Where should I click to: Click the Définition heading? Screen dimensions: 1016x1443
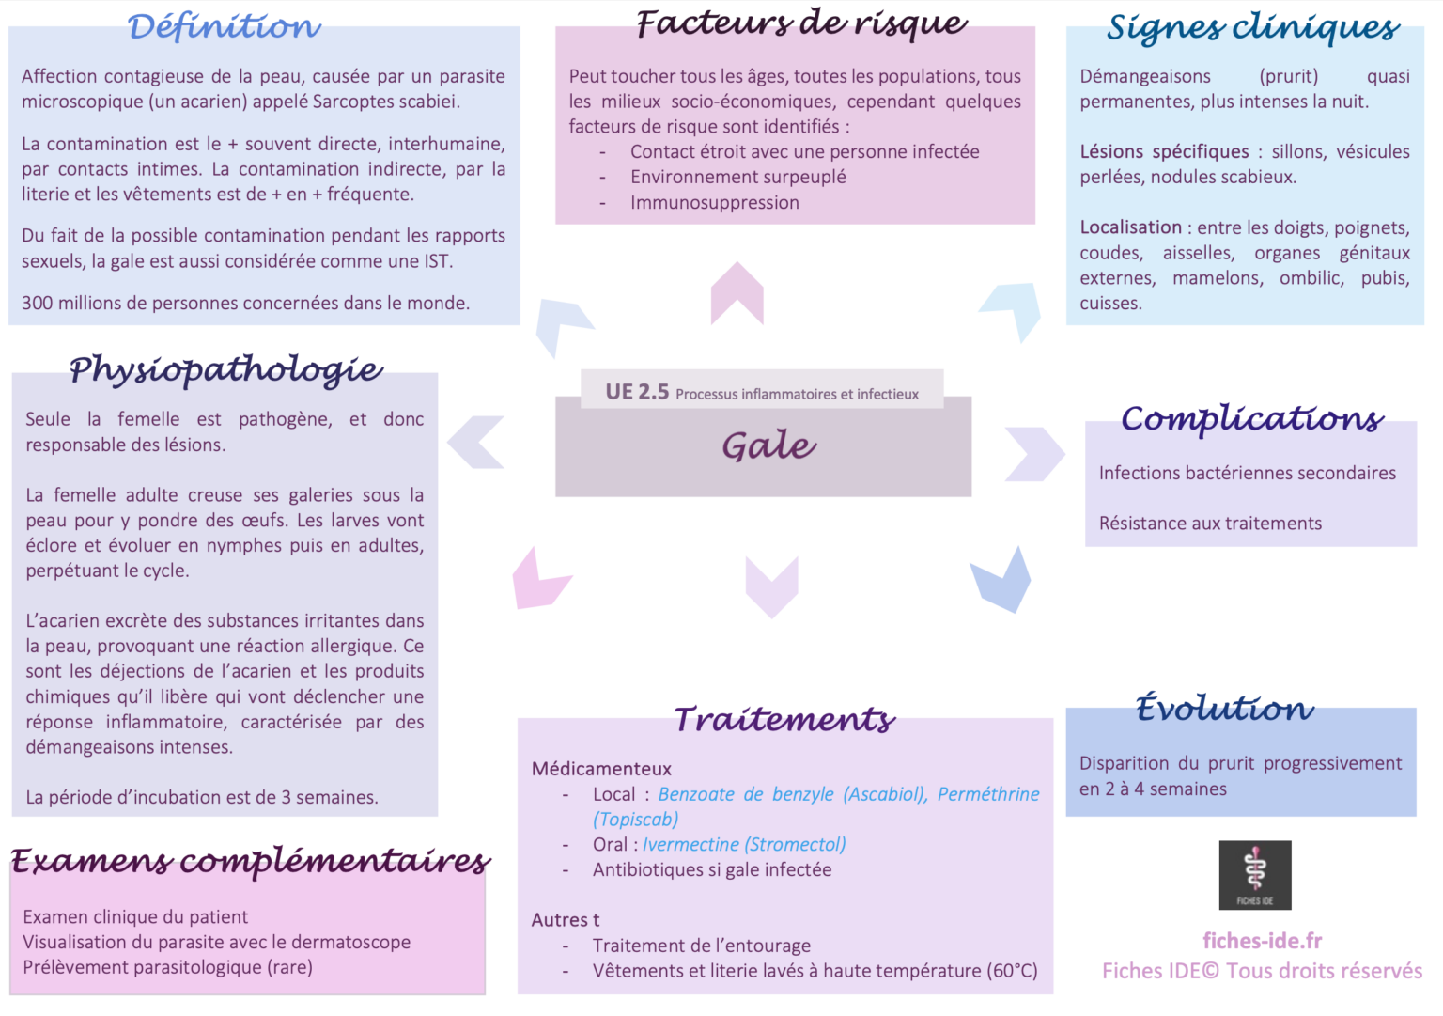(x=225, y=27)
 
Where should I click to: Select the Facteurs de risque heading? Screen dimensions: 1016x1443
(x=801, y=23)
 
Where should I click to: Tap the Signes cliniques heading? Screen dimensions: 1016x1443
(x=1253, y=28)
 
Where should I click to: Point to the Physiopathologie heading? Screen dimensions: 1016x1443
(x=226, y=369)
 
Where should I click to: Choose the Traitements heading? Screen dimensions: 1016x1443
(x=784, y=719)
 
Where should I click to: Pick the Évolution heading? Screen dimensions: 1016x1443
(x=1224, y=708)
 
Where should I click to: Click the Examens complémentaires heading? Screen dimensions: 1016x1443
(x=250, y=861)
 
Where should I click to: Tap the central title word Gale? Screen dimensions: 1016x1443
(x=769, y=445)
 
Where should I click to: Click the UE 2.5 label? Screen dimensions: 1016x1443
(x=637, y=392)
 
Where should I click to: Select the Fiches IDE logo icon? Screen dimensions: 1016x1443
(x=1255, y=874)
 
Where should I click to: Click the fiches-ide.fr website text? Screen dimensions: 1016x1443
(x=1262, y=941)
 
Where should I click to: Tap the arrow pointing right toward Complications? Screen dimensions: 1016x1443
(x=1034, y=453)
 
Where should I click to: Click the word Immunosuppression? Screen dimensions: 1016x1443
(x=715, y=202)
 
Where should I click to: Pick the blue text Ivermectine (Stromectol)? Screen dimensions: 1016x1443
(x=744, y=844)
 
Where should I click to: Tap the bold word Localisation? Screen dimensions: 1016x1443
(x=1130, y=227)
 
